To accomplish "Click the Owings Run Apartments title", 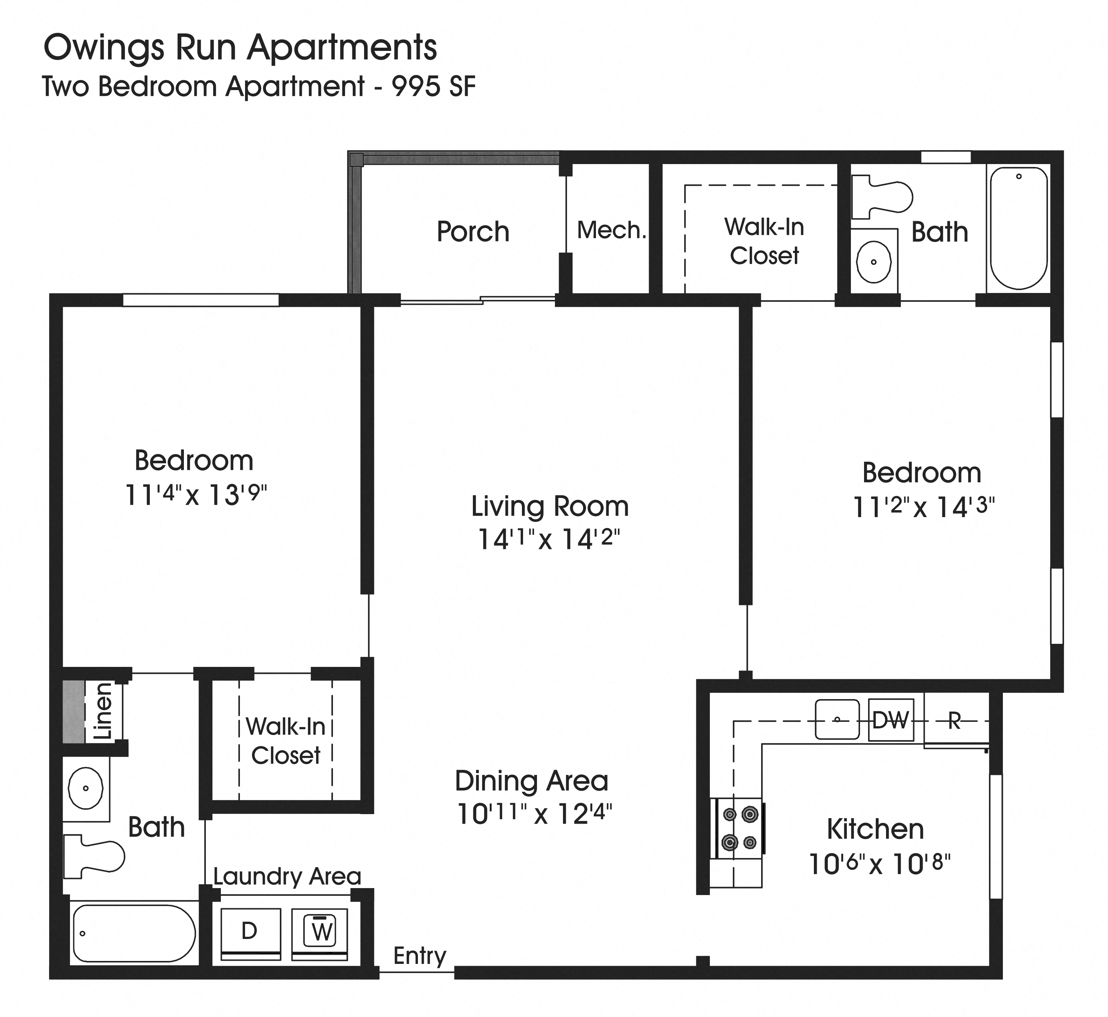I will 240,48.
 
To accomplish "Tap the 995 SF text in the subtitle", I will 433,87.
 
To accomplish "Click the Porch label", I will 473,232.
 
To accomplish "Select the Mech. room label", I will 611,230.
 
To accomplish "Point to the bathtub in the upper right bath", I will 1019,228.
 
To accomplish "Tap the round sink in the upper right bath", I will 874,262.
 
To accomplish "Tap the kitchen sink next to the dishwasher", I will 837,719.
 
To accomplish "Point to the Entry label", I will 419,956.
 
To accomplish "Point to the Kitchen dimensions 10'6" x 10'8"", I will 879,864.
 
